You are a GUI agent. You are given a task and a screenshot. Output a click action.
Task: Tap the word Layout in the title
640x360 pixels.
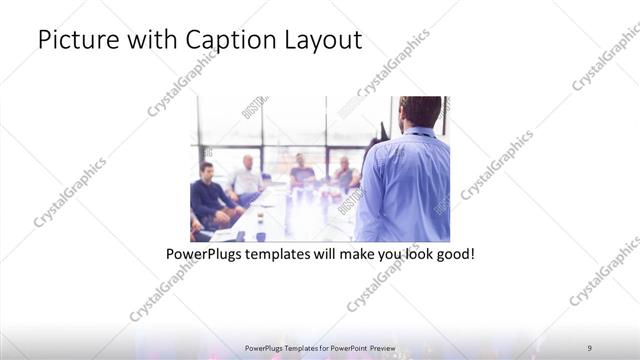326,41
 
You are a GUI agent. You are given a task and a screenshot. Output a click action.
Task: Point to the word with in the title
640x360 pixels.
152,41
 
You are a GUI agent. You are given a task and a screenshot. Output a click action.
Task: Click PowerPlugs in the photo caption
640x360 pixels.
206,255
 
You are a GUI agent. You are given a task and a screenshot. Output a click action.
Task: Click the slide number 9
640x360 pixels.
590,346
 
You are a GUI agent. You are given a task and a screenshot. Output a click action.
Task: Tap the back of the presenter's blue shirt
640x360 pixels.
405,185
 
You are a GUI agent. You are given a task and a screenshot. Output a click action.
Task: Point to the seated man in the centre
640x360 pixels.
301,172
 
